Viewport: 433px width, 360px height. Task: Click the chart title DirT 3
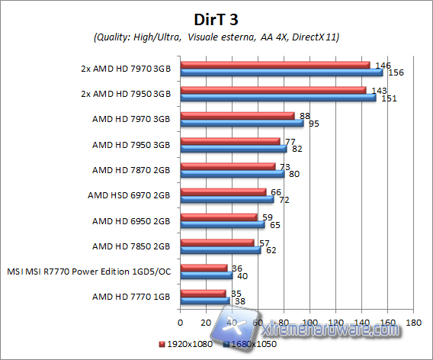coord(216,18)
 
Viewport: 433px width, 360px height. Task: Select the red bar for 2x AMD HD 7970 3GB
coord(274,65)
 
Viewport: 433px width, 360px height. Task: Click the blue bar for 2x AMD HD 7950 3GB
coord(277,98)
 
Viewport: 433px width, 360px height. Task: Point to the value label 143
coord(378,90)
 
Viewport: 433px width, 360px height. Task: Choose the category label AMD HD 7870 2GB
coord(131,169)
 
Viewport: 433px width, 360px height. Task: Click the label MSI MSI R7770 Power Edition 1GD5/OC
coord(88,271)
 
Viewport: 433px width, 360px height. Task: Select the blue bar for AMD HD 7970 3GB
coord(242,123)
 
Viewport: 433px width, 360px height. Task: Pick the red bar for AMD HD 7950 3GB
coord(230,140)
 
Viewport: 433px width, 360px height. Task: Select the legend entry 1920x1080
coord(186,343)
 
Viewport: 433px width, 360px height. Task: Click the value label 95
coord(313,124)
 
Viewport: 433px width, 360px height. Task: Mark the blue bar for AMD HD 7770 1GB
coord(205,301)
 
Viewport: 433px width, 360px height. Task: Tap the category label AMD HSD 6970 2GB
coord(130,195)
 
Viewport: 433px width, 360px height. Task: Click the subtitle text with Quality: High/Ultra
coord(216,37)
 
